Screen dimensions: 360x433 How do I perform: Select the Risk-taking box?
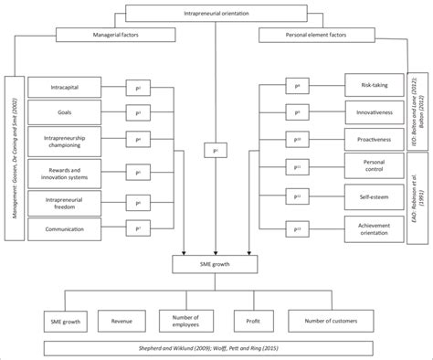(x=375, y=84)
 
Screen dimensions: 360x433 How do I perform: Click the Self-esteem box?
(x=375, y=196)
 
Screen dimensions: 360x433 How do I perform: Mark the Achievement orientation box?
(x=375, y=226)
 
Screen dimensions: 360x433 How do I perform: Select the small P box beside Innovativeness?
(x=297, y=113)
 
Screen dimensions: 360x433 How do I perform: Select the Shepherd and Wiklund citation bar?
(x=216, y=349)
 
